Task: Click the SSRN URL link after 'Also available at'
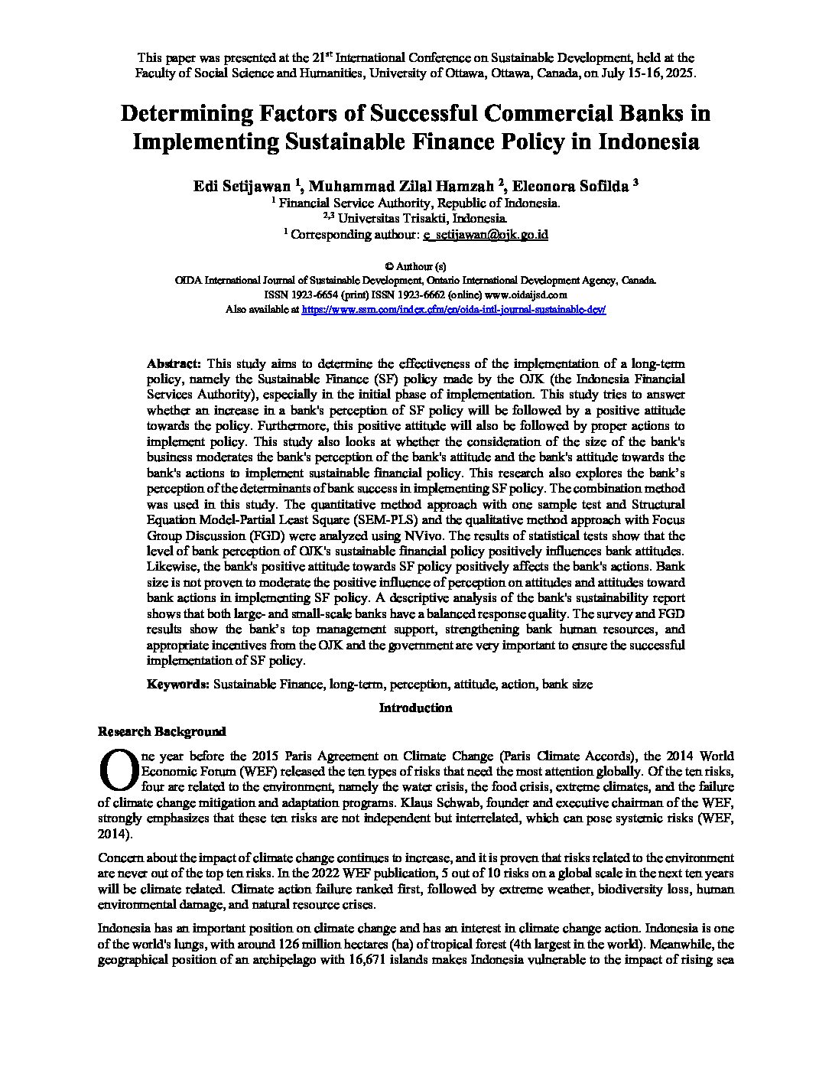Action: [454, 310]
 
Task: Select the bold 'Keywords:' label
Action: [178, 684]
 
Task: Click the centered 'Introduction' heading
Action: [415, 708]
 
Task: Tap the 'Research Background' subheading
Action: [162, 730]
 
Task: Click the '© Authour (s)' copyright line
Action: [415, 266]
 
